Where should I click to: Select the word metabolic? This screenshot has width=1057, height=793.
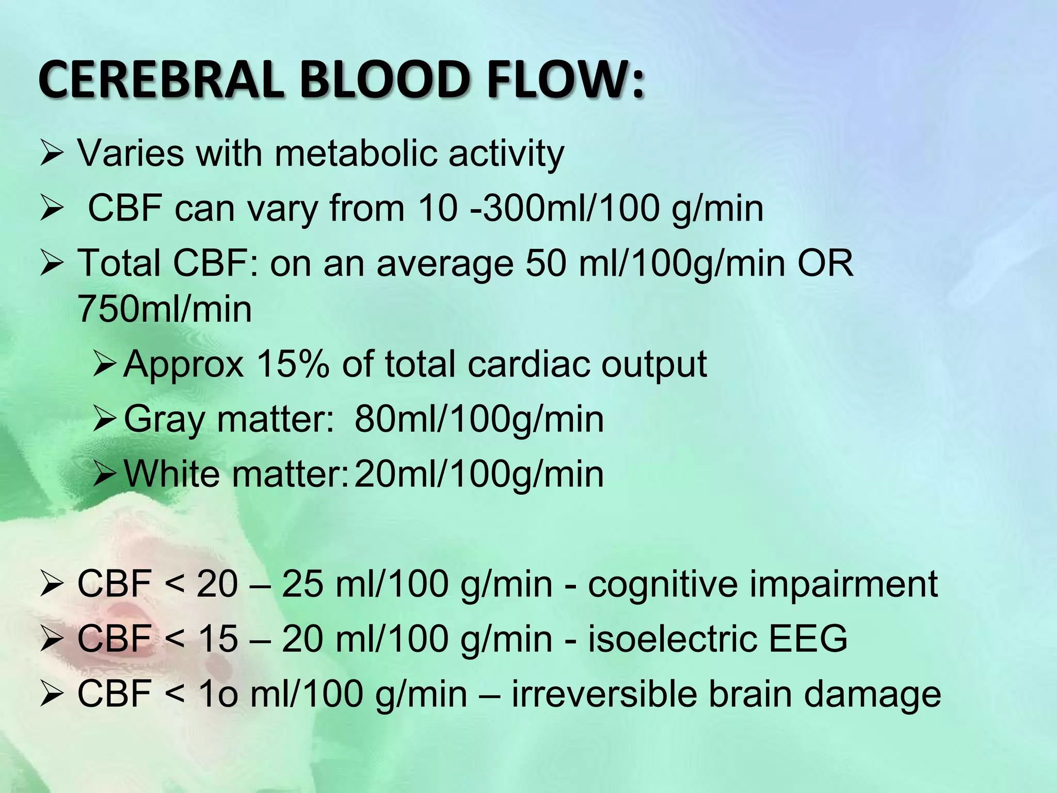pyautogui.click(x=357, y=153)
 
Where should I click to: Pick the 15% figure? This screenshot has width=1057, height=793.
pyautogui.click(x=293, y=364)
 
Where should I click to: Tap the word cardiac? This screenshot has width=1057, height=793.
pyautogui.click(x=529, y=364)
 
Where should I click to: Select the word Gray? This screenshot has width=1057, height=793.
pyautogui.click(x=164, y=419)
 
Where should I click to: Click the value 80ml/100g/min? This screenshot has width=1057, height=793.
pyautogui.click(x=479, y=419)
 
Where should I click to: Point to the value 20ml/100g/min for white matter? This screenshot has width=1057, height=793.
pyautogui.click(x=479, y=474)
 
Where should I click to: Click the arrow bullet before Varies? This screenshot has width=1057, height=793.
pyautogui.click(x=52, y=154)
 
